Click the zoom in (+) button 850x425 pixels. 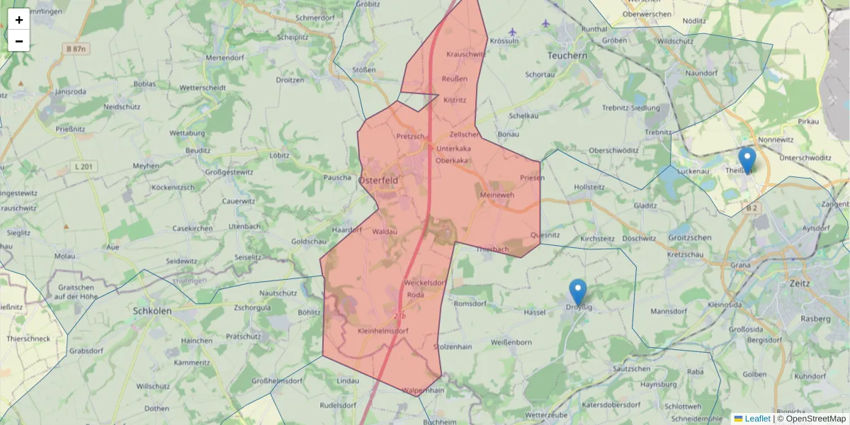click(19, 20)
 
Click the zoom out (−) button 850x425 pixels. click(19, 41)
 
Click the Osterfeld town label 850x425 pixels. click(378, 181)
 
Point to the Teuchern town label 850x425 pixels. click(567, 55)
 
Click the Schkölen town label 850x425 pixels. click(154, 310)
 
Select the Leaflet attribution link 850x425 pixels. click(757, 419)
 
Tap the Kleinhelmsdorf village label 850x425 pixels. click(383, 331)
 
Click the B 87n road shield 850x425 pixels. click(74, 48)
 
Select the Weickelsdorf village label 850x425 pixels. click(425, 283)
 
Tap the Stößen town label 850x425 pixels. click(364, 70)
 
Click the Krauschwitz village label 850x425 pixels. click(465, 54)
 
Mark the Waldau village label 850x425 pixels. click(385, 232)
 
